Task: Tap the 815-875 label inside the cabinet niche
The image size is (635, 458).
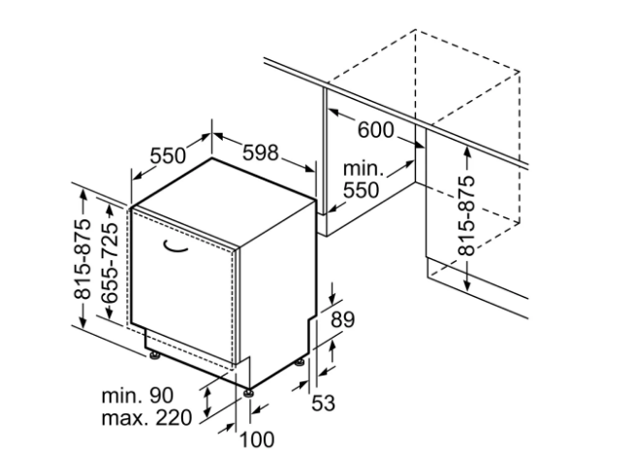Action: tap(467, 216)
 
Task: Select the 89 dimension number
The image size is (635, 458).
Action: tap(342, 318)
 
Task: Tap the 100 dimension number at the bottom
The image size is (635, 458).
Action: tap(256, 440)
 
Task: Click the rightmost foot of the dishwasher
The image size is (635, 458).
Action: tap(300, 364)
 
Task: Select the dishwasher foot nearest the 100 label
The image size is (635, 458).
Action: tap(249, 391)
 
